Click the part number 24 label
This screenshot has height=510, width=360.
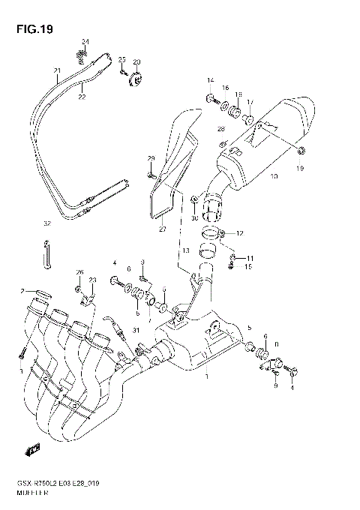tap(85, 40)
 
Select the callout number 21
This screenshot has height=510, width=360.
tap(55, 71)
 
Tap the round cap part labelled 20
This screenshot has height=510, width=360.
tap(137, 76)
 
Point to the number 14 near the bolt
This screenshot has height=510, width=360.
tap(211, 80)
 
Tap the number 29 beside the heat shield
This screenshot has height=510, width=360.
tap(150, 158)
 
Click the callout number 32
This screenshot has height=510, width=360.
tap(46, 223)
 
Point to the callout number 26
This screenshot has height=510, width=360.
tap(79, 271)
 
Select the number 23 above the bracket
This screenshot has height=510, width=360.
tap(92, 280)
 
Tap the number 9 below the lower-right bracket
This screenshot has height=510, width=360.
tap(274, 385)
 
